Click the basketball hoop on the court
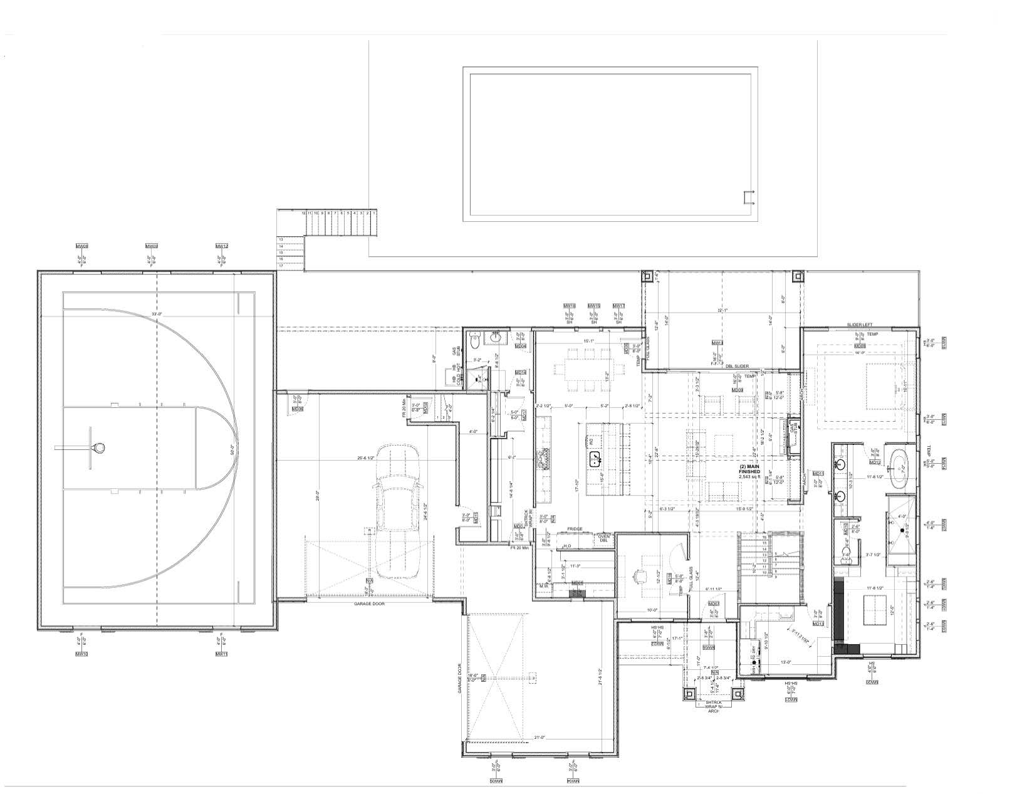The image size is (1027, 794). (98, 447)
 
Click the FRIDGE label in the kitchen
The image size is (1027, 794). (575, 529)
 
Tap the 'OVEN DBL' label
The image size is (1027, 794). (603, 538)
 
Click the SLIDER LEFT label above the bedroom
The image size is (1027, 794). (859, 325)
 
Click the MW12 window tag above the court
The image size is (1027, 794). (221, 246)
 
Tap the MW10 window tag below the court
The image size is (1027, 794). (81, 654)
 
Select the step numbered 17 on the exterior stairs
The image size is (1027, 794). (281, 266)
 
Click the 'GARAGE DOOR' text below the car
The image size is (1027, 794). (368, 603)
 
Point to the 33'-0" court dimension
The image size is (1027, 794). (156, 314)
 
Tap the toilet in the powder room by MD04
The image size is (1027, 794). (474, 341)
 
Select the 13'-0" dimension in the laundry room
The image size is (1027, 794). (786, 662)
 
